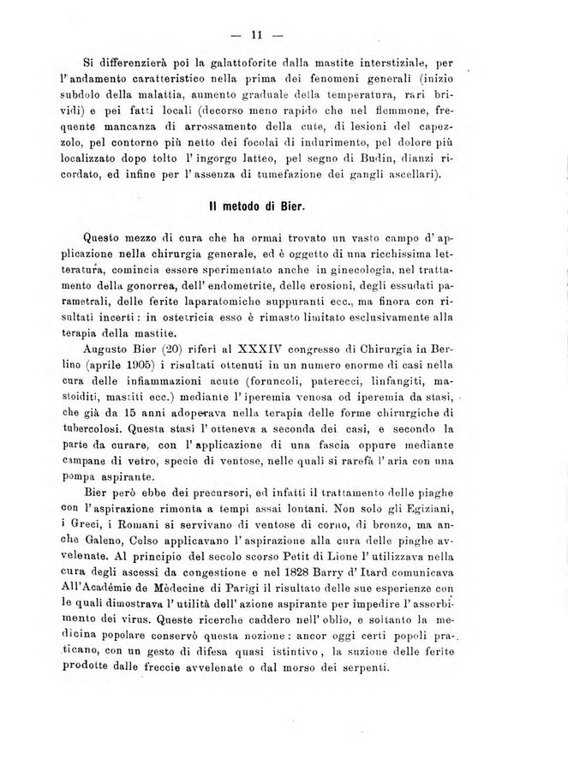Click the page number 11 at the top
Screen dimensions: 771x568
(255, 36)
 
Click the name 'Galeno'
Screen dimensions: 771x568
(106, 559)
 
